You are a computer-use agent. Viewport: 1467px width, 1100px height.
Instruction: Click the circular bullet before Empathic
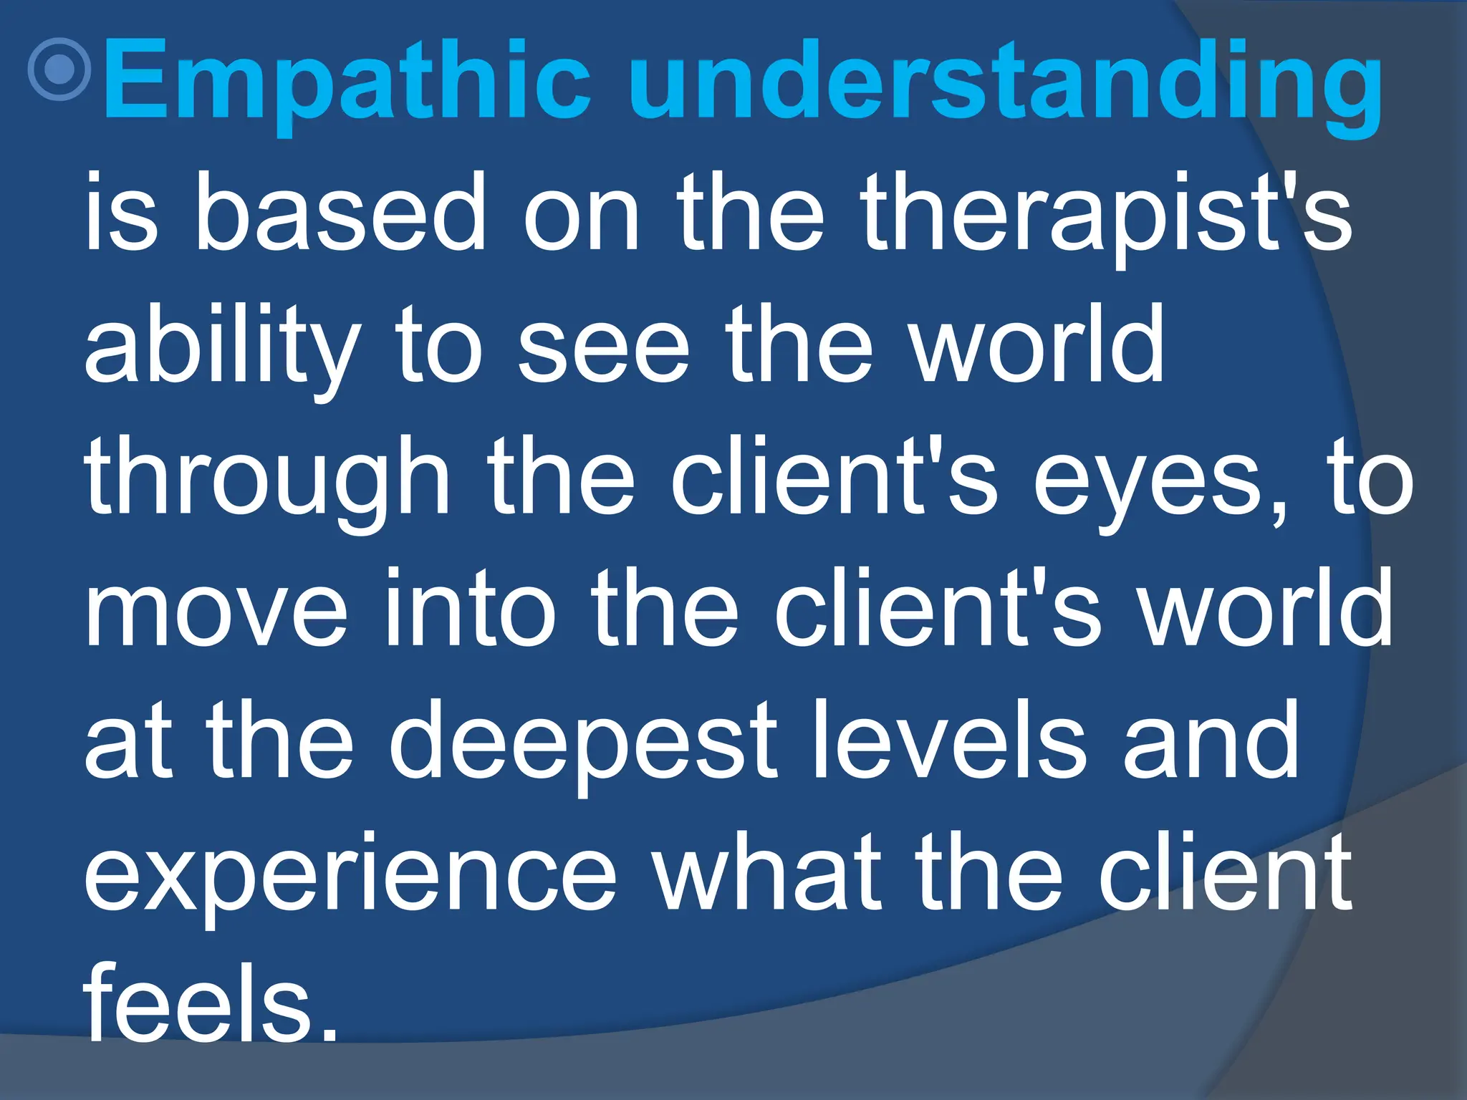pos(59,69)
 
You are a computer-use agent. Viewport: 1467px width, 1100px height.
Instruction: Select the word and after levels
pos(1210,741)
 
